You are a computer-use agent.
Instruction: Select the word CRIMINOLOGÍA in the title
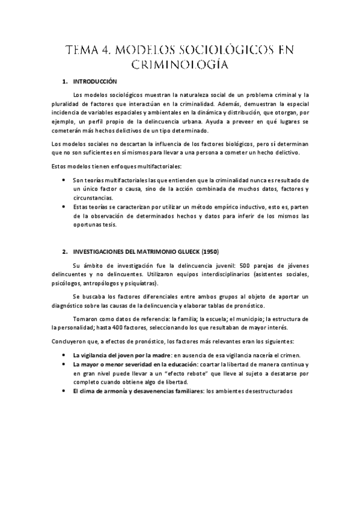point(180,64)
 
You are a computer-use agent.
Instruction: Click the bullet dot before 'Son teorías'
point(64,180)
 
